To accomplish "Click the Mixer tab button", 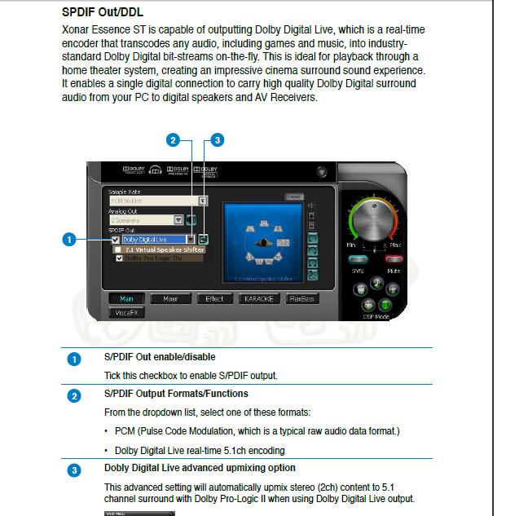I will point(171,299).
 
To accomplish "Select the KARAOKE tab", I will point(258,299).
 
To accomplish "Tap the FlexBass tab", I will point(302,299).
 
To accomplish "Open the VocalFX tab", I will point(126,312).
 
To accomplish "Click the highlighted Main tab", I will point(126,299).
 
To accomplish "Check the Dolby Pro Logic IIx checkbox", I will point(120,258).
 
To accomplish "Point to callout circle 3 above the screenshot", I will point(217,140).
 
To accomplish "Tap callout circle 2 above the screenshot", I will point(172,140).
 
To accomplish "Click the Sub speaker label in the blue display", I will point(283,242).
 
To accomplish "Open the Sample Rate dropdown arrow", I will point(203,200).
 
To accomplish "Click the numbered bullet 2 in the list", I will point(74,395).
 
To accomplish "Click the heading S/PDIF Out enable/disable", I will point(159,357).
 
